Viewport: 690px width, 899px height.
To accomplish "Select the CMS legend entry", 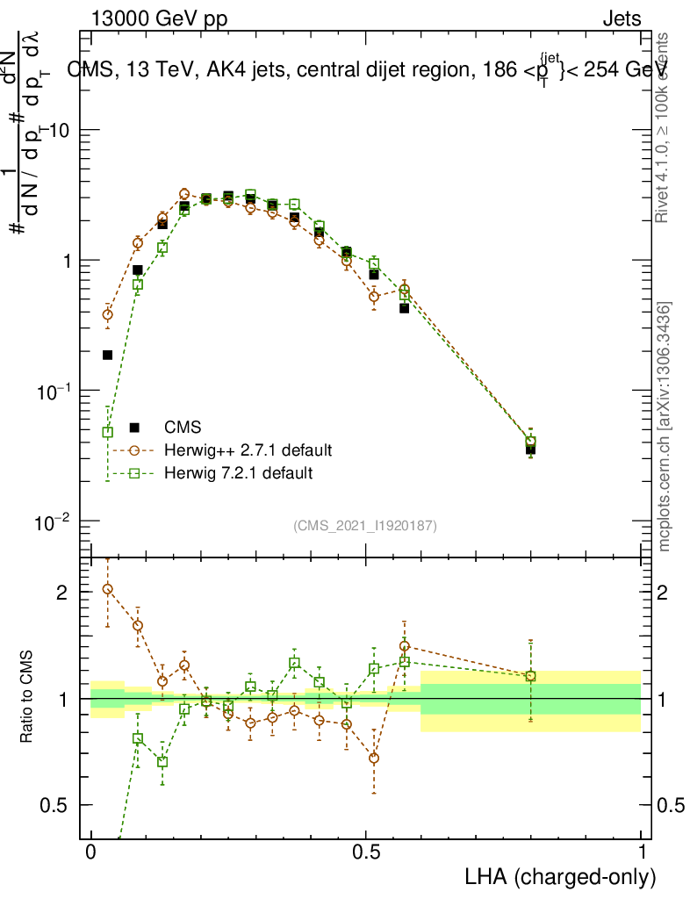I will [183, 428].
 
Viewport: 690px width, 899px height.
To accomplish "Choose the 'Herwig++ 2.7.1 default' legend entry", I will [248, 450].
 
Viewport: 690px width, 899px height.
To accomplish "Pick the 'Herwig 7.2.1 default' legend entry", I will [238, 473].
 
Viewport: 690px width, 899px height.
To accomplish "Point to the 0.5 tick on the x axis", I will [367, 852].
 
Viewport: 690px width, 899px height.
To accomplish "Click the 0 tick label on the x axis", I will [90, 852].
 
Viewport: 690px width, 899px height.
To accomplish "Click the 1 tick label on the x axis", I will [642, 852].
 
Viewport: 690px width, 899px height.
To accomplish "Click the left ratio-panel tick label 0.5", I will [54, 805].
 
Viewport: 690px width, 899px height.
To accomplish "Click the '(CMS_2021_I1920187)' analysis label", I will [365, 525].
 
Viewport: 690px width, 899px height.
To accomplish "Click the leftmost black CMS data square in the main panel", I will [108, 355].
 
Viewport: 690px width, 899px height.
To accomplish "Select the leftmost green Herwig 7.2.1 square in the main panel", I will [108, 432].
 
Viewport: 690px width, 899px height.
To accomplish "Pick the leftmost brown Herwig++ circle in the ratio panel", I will [108, 589].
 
